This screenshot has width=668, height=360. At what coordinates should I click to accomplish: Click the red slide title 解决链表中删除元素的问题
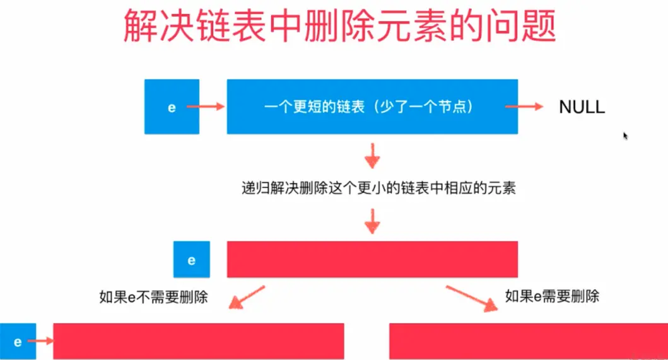(x=339, y=26)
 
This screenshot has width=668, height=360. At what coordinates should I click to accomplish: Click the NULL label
(x=582, y=107)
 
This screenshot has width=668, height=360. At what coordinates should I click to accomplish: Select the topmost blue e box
(x=172, y=107)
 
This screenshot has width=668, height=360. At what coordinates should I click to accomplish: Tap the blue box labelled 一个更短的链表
(x=372, y=107)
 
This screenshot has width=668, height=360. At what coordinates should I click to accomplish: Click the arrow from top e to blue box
(x=206, y=107)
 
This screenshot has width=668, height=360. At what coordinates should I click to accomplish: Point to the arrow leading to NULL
(x=524, y=107)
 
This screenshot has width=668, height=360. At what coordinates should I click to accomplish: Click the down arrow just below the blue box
(x=373, y=154)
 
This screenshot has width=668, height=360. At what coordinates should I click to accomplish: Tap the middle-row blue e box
(x=192, y=259)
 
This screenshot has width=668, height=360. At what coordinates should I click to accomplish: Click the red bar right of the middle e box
(x=372, y=259)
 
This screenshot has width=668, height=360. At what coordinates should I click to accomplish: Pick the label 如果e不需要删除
(x=154, y=296)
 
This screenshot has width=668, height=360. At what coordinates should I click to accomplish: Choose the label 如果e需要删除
(x=552, y=296)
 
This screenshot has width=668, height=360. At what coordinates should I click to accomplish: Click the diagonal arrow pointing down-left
(x=246, y=298)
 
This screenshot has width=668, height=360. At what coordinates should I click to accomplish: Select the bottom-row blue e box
(x=18, y=342)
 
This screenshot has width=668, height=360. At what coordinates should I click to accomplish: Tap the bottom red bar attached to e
(x=199, y=341)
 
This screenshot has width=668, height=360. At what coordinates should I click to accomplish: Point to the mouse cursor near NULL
(x=625, y=136)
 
